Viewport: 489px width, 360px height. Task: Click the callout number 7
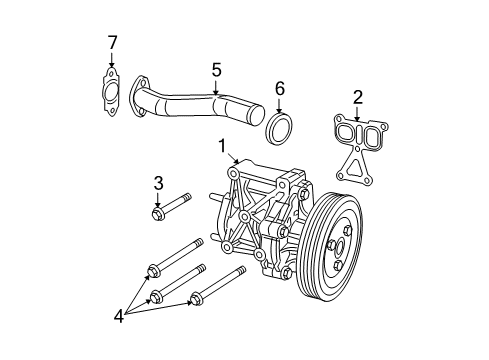(112, 42)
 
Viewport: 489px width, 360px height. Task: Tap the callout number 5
(215, 70)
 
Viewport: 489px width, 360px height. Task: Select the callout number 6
(279, 89)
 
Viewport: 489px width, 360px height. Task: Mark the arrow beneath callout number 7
(112, 62)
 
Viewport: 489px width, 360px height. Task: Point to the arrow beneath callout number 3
(158, 200)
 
